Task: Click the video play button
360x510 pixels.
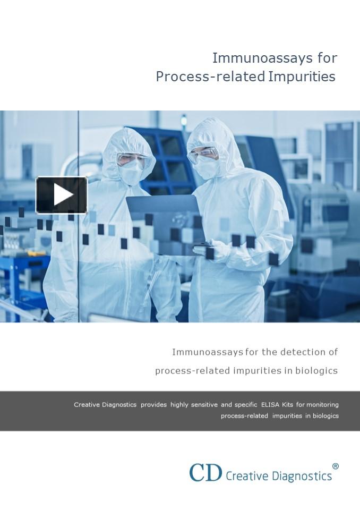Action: click(62, 195)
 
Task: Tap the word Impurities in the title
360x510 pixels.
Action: click(302, 76)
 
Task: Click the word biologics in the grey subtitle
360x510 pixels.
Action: click(316, 370)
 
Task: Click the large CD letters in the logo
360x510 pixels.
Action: click(205, 472)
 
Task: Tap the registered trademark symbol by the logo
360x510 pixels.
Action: click(335, 466)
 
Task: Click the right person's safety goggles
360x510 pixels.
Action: click(203, 154)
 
